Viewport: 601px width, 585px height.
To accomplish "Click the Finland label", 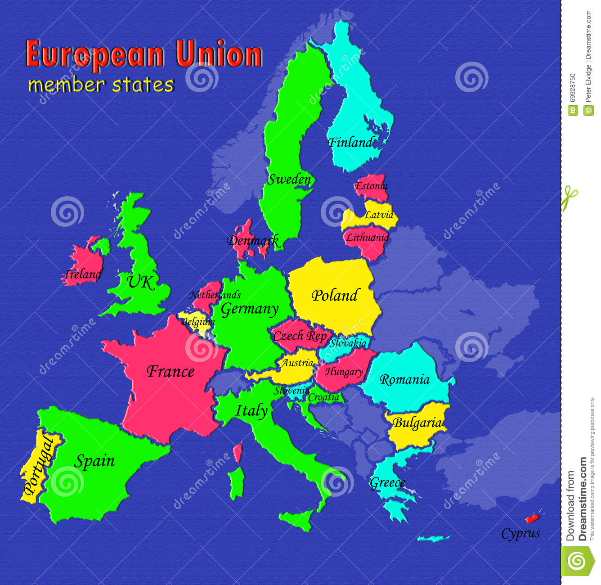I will (x=350, y=143).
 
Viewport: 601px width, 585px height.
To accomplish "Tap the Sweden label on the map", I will (x=289, y=180).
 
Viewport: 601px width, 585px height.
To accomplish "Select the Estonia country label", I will (x=371, y=186).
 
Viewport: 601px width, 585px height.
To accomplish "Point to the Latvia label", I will (x=379, y=215).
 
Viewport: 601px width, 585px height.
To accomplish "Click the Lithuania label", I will (x=367, y=237).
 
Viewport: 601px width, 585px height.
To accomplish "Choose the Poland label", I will (x=335, y=296).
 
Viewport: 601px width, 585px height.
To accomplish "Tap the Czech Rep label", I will (x=300, y=336).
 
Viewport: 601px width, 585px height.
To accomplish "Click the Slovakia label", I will (x=348, y=343).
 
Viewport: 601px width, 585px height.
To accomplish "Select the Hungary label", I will (x=344, y=372).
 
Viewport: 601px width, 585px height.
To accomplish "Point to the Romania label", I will (x=404, y=380).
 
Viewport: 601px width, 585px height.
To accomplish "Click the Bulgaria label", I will (x=417, y=423).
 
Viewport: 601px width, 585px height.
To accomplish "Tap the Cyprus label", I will (x=520, y=534).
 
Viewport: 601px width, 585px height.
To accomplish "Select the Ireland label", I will (x=83, y=274).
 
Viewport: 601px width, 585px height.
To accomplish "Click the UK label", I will (x=140, y=282).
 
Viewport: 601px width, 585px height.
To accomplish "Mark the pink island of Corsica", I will (x=238, y=451).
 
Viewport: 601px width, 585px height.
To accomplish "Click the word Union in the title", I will (x=219, y=55).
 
